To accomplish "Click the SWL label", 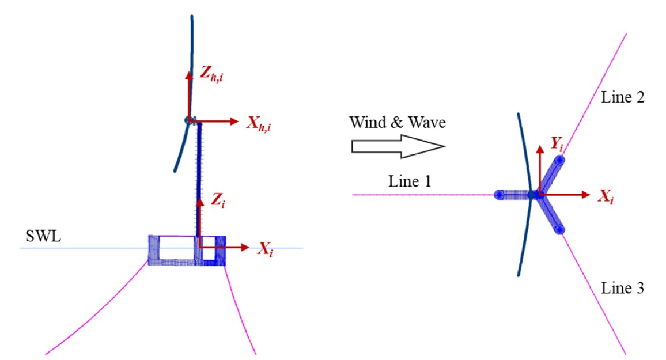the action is coord(43,236).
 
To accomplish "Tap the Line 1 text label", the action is coord(410,181).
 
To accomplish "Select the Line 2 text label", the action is coord(622,97).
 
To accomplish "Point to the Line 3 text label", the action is coord(622,288).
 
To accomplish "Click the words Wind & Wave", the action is coord(398,122).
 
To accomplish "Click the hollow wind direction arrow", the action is coord(398,146).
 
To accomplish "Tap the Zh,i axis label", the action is coord(211,74).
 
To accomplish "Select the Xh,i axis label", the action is coord(259,123).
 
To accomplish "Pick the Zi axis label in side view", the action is coord(218,200).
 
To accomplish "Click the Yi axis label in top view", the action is coord(557,145).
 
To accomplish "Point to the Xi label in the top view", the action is coord(606,196).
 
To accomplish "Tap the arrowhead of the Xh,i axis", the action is coord(234,122).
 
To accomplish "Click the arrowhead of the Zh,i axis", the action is coord(189,75).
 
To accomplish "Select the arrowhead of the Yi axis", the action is coord(540,149).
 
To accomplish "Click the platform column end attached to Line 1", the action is coord(499,195).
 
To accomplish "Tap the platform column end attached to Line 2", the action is coord(560,161).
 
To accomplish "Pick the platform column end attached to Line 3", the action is coord(560,230).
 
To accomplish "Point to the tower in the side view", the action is coord(198,179).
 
